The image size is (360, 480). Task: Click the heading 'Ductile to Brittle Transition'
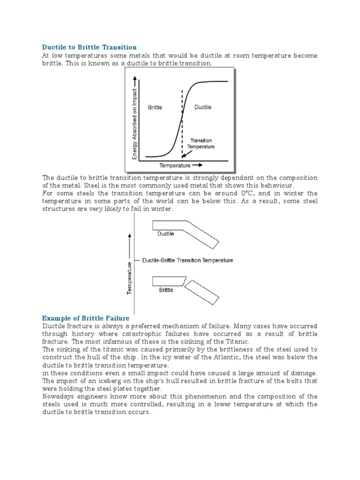coord(90,47)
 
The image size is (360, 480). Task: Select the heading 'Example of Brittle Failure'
coord(86,318)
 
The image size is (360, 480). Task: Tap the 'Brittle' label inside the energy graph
coord(155,107)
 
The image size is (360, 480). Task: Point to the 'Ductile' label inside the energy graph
coord(202,107)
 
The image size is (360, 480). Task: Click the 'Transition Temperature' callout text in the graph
coord(201,143)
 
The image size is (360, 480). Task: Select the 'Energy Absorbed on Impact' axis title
coord(135,124)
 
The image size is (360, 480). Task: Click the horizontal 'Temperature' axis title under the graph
coord(175,165)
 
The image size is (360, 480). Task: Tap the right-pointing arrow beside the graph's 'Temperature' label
coord(198,165)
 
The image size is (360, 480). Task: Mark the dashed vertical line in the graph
coord(182,122)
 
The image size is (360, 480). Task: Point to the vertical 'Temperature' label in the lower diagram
coord(130,278)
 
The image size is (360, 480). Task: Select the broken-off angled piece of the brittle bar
coord(202,293)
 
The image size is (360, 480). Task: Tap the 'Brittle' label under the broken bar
coord(166,290)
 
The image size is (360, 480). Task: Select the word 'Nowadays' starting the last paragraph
coord(59,397)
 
